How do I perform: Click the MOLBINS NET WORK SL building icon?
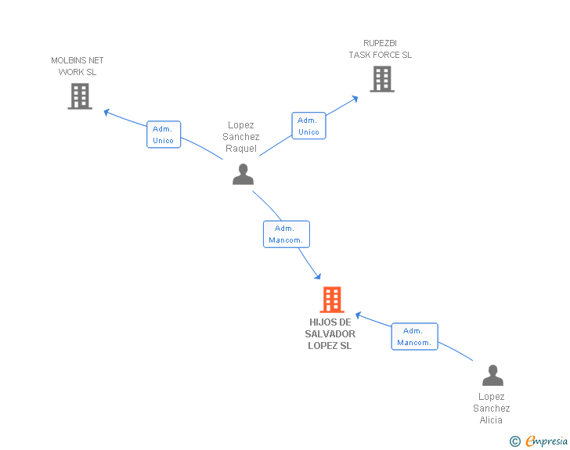click(x=80, y=96)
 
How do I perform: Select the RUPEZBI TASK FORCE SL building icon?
click(x=382, y=79)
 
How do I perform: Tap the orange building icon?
click(x=332, y=300)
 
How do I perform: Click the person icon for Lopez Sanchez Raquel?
click(x=243, y=174)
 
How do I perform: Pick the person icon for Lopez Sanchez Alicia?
click(x=492, y=375)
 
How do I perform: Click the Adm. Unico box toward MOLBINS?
click(x=164, y=135)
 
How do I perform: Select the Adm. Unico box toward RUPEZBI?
click(x=308, y=126)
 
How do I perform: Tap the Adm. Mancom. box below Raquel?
click(x=287, y=234)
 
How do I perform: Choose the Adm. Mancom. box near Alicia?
click(x=414, y=337)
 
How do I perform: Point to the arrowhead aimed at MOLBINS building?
click(x=106, y=113)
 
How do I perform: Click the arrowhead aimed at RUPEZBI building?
click(x=355, y=99)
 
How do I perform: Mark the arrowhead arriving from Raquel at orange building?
click(x=318, y=276)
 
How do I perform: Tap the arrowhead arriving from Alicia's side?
click(x=358, y=315)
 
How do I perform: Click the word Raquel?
click(x=241, y=149)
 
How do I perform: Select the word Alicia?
click(x=491, y=420)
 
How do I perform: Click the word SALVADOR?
click(x=330, y=334)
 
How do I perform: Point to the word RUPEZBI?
click(x=381, y=43)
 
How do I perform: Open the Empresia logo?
click(x=547, y=441)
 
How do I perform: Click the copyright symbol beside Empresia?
click(x=515, y=441)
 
